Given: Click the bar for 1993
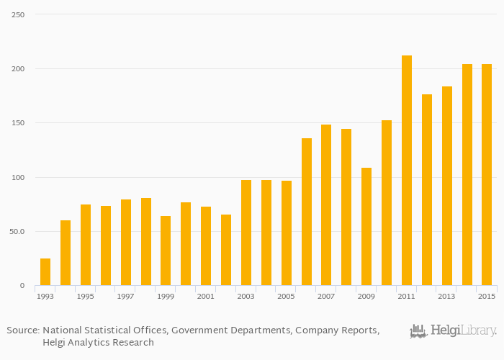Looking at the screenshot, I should (x=45, y=272).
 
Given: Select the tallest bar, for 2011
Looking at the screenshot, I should (x=407, y=171).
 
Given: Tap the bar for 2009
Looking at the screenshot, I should (x=366, y=227).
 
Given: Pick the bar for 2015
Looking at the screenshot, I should (x=487, y=175).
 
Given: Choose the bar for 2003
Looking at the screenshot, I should (x=246, y=233).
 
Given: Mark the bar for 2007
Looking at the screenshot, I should (x=326, y=205).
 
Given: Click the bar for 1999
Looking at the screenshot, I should (x=166, y=251).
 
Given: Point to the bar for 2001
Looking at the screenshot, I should (x=206, y=246).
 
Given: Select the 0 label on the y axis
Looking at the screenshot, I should (x=22, y=286).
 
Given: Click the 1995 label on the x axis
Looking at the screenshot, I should (x=85, y=296).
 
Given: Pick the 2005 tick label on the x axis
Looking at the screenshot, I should (x=287, y=296).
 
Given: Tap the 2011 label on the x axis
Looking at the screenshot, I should (x=407, y=296).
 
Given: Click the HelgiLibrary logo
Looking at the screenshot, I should (x=454, y=331).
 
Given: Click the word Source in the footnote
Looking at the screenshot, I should (x=22, y=330).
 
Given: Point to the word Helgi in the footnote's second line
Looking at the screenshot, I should (x=56, y=343).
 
